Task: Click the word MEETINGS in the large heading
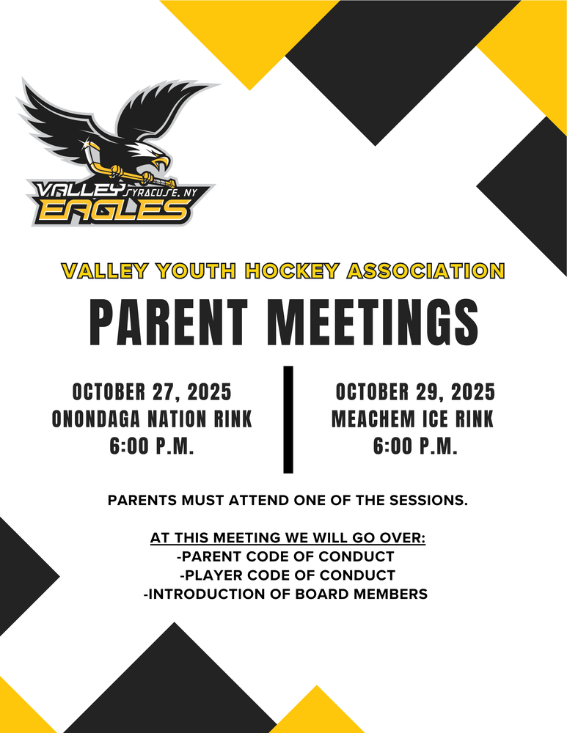click(x=372, y=323)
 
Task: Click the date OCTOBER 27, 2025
click(x=152, y=392)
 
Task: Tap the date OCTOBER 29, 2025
click(x=414, y=392)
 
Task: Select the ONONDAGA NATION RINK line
click(x=152, y=419)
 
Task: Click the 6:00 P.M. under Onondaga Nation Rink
click(x=152, y=446)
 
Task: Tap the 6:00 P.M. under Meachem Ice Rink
click(x=415, y=446)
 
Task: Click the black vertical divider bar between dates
click(x=288, y=419)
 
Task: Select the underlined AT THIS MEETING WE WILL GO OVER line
click(x=288, y=538)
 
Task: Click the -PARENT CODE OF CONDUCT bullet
click(x=286, y=556)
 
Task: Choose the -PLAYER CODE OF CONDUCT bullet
click(x=288, y=575)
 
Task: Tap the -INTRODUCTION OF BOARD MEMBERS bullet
click(x=285, y=594)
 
